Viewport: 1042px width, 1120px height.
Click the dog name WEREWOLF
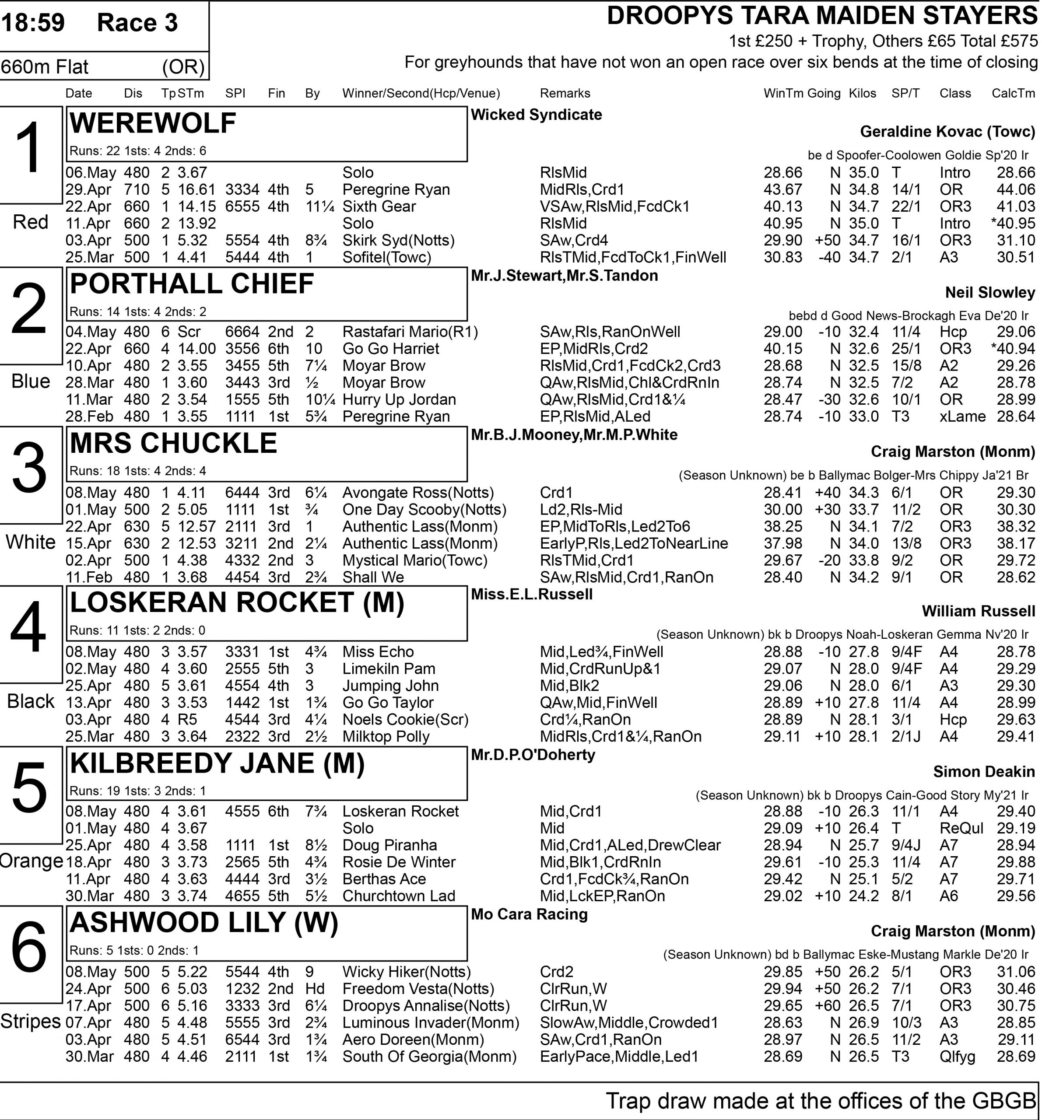click(153, 123)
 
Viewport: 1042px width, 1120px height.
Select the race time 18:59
click(33, 23)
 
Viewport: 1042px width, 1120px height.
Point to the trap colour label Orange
click(32, 861)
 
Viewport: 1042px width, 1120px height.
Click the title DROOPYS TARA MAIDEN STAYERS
click(822, 16)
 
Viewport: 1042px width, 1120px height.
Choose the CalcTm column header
click(1013, 94)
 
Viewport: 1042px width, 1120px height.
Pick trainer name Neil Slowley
click(989, 292)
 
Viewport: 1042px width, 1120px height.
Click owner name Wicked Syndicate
click(536, 115)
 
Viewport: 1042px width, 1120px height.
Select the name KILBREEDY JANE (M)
click(218, 763)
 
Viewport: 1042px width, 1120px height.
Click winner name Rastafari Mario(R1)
click(410, 332)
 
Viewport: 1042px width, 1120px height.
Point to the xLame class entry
click(962, 416)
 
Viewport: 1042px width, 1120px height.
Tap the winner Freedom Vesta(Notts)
click(418, 989)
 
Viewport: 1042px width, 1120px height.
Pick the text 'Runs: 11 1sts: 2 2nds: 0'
click(137, 630)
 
